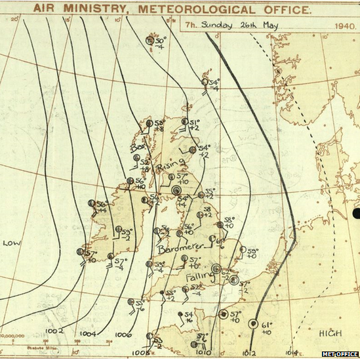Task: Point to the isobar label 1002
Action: click(56, 331)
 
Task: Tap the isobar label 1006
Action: click(123, 335)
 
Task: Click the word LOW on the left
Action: click(12, 243)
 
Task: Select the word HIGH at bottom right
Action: click(330, 334)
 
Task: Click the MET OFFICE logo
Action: click(340, 354)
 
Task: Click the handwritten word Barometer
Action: click(180, 249)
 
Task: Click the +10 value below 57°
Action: click(183, 182)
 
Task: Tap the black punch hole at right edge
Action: click(356, 213)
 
